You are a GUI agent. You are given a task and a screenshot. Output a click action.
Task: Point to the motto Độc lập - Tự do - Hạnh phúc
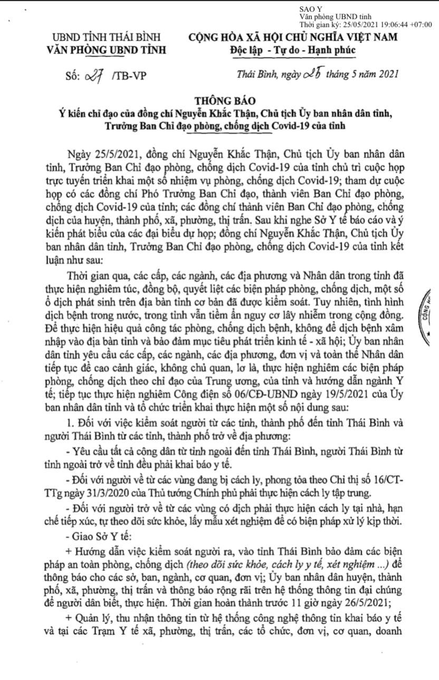292,51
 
